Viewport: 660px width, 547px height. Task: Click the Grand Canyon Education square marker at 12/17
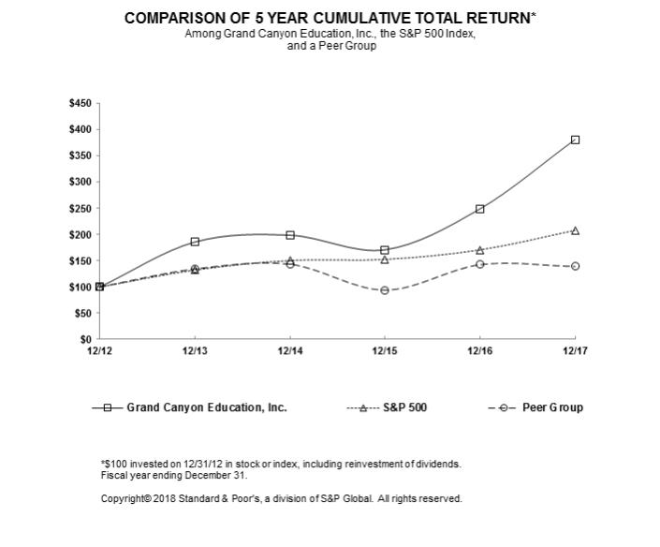[575, 140]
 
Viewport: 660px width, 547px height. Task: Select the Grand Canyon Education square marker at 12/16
[479, 209]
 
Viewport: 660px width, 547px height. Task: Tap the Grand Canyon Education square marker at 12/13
[195, 242]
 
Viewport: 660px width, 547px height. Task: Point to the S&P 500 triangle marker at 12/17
[575, 230]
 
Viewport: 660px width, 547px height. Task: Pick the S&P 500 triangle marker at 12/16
[479, 250]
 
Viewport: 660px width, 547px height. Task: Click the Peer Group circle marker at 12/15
[385, 290]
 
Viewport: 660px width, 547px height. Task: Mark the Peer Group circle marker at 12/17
[575, 266]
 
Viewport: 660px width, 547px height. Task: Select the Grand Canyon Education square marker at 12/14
[290, 235]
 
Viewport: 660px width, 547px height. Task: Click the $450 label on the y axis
[80, 103]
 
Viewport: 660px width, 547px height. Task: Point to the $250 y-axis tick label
[80, 208]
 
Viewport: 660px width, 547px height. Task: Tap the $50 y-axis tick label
[82, 313]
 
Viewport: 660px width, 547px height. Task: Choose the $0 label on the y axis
[85, 339]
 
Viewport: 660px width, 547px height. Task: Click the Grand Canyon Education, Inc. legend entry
[206, 407]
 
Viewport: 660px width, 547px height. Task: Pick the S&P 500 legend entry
[404, 407]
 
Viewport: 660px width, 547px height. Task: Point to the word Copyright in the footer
[123, 498]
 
